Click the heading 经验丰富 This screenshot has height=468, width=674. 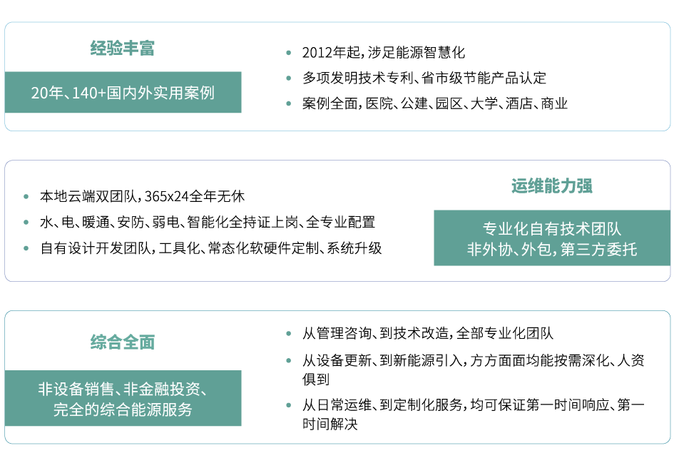click(123, 49)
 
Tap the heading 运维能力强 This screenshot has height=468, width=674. click(552, 186)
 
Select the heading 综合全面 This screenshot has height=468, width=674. click(123, 342)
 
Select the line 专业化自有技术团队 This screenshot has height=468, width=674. click(552, 230)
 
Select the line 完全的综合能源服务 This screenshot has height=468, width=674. click(123, 410)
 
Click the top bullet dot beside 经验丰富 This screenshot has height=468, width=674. click(288, 53)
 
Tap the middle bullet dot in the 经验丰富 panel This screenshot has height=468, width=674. click(288, 78)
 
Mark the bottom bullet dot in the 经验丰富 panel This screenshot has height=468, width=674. click(288, 103)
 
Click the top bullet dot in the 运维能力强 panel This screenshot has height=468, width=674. click(26, 196)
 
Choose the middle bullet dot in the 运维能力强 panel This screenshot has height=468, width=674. click(26, 222)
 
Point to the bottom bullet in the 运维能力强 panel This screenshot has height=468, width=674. click(26, 248)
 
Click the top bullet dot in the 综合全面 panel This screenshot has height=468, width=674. click(288, 333)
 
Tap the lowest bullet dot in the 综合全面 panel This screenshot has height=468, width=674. click(288, 405)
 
